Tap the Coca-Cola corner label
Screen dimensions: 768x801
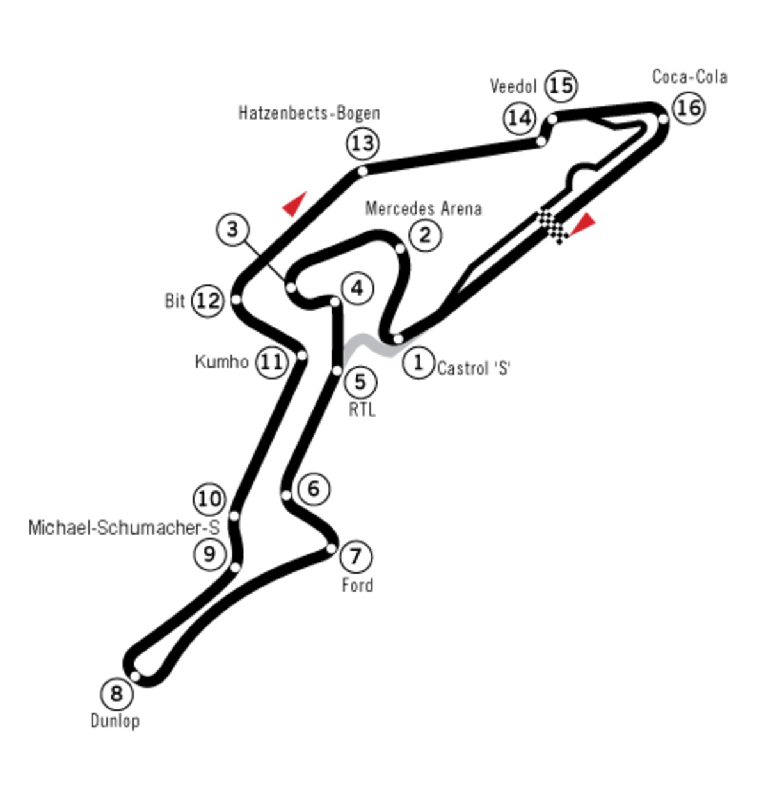click(690, 77)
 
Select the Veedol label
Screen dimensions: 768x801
click(513, 86)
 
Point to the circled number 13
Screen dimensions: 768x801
click(363, 143)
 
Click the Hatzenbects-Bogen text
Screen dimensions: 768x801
click(309, 113)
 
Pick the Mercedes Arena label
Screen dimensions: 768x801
click(423, 209)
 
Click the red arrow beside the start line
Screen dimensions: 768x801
click(583, 223)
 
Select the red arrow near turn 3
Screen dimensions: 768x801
click(295, 204)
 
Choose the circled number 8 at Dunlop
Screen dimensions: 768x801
click(117, 694)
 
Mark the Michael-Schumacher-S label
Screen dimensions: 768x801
click(124, 528)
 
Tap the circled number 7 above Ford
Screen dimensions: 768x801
click(356, 556)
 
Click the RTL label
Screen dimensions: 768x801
click(362, 410)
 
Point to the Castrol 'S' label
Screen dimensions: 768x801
click(474, 368)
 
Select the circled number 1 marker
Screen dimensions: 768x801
click(419, 362)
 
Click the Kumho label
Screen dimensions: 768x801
click(222, 362)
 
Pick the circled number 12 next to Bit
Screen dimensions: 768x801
click(208, 301)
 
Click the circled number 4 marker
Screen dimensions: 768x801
click(358, 289)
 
